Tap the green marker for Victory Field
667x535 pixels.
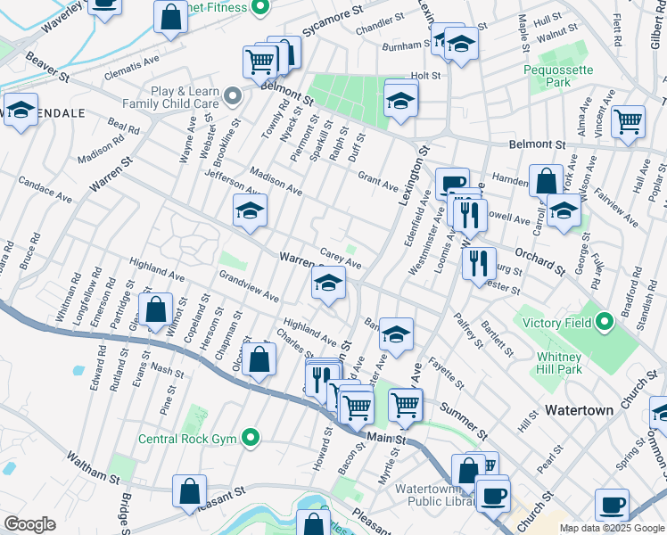click(x=604, y=320)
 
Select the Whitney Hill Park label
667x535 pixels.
click(x=559, y=363)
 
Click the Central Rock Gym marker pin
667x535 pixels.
click(x=251, y=438)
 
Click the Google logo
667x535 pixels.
click(x=29, y=524)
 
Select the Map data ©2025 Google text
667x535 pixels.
click(x=612, y=528)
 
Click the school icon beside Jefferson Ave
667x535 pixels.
click(x=251, y=210)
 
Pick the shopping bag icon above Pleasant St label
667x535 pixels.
click(x=190, y=490)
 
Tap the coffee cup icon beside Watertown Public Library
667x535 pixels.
click(x=491, y=495)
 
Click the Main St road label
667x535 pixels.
click(x=386, y=439)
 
